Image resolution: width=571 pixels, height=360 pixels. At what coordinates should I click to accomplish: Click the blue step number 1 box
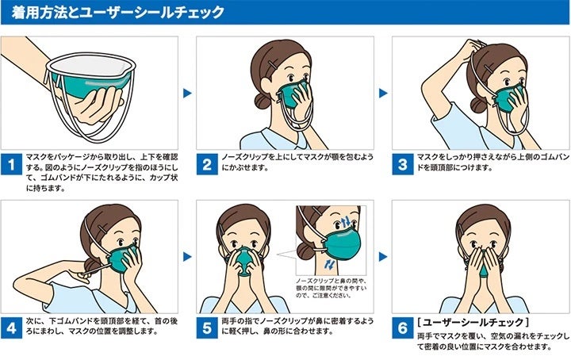(x=11, y=164)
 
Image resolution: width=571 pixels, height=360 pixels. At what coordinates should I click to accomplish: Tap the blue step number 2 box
(x=207, y=164)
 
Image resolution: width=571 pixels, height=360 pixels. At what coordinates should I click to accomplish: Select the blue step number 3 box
(x=402, y=164)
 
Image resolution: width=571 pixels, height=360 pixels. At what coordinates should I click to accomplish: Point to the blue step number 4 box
(x=11, y=328)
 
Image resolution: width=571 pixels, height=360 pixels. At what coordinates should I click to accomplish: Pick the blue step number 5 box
(x=207, y=328)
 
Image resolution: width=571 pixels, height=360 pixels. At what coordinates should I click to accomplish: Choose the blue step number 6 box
(x=402, y=328)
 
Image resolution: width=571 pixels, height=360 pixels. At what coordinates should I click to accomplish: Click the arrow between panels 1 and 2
(x=187, y=94)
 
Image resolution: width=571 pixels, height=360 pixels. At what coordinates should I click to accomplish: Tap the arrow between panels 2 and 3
(x=383, y=94)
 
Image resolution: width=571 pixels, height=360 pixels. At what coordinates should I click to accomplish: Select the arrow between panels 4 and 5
(x=187, y=257)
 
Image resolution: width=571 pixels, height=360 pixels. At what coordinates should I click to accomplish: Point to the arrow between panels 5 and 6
(x=383, y=257)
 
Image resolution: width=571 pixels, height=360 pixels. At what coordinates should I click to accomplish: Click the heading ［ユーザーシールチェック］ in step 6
(x=473, y=323)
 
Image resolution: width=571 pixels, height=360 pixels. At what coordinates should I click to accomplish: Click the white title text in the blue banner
(x=117, y=13)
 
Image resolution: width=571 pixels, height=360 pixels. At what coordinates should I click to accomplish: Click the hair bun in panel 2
(x=263, y=101)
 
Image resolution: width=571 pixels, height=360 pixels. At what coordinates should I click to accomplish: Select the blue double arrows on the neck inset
(x=330, y=264)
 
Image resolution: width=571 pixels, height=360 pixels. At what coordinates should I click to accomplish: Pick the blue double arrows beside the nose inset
(x=346, y=221)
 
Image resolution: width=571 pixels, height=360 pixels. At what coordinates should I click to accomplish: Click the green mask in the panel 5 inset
(x=342, y=244)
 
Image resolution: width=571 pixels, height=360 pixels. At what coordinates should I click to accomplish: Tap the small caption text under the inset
(x=331, y=288)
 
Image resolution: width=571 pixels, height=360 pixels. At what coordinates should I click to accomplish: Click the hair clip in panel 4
(x=102, y=229)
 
